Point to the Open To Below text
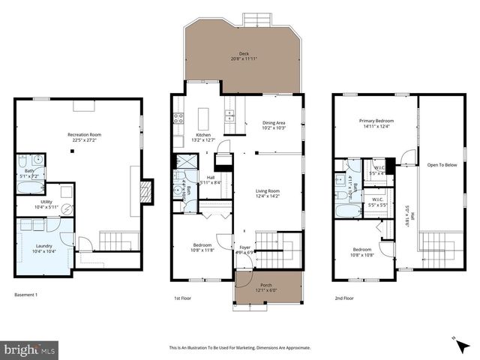[x=442, y=164]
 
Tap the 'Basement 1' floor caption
[x=25, y=295]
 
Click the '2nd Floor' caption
[x=344, y=298]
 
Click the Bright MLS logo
[x=30, y=349]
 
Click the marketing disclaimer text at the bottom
[x=239, y=347]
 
